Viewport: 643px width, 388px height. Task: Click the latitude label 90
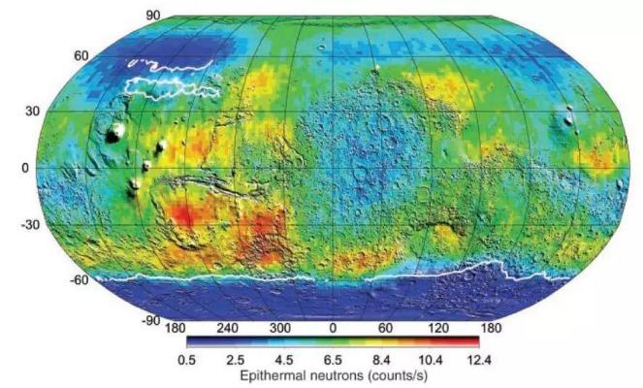tap(152, 16)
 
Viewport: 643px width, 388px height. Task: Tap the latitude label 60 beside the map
tap(55, 56)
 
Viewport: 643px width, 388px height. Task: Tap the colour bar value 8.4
tap(382, 360)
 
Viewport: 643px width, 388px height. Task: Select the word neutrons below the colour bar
tap(334, 374)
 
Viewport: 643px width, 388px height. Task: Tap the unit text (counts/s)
tap(399, 374)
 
